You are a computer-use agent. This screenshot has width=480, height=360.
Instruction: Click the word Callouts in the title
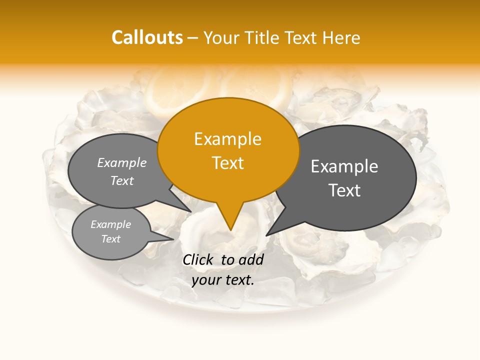147,37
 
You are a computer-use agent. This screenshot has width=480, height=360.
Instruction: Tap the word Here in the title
341,38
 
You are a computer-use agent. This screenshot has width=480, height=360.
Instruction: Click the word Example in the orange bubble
227,139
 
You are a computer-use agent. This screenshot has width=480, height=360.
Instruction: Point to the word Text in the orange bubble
228,163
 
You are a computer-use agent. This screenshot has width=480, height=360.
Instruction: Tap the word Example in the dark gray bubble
344,166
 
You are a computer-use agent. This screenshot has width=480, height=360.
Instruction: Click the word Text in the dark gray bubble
344,190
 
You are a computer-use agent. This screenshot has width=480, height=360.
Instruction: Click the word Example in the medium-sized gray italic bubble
122,162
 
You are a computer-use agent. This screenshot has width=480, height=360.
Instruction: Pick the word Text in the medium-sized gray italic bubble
122,180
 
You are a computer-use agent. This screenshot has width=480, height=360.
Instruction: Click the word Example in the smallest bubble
111,224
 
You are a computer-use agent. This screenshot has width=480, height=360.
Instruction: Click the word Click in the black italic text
199,259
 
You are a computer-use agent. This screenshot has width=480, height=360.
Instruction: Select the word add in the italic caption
251,259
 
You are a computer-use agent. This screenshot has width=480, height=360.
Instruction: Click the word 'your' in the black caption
205,280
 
